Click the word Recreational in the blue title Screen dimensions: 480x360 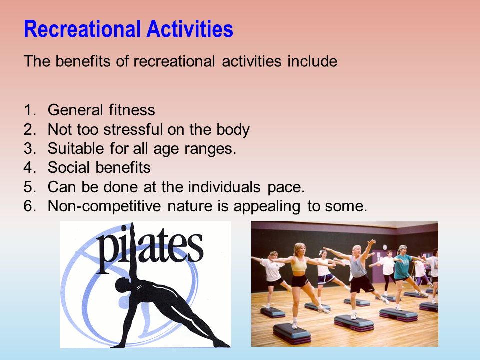tap(82, 29)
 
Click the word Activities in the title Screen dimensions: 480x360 tap(190, 29)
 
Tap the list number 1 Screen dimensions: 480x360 tap(29, 110)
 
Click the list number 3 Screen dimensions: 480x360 tap(29, 149)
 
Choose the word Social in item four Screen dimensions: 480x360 tap(69, 168)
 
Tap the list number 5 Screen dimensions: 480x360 tap(29, 187)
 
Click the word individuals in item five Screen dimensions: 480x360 tap(224, 186)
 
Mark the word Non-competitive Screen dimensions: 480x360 tap(104, 206)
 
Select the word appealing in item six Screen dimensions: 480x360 tap(267, 206)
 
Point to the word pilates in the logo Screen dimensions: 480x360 tap(149, 249)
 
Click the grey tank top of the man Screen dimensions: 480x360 tap(357, 266)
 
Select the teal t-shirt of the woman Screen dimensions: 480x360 tap(402, 267)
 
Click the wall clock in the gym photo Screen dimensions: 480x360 tap(385, 247)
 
